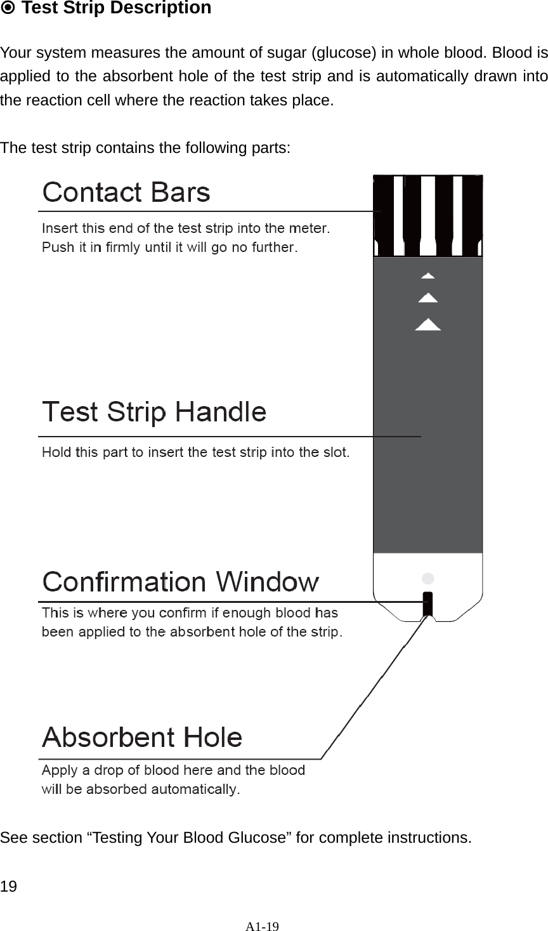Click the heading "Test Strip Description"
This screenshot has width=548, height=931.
[x=116, y=9]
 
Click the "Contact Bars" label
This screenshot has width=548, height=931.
[x=126, y=192]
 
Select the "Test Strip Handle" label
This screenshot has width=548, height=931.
[x=154, y=413]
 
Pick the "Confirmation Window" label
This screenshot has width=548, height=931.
[x=181, y=581]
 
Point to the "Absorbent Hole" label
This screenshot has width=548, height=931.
[x=142, y=737]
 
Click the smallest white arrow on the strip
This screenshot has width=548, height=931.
[x=428, y=276]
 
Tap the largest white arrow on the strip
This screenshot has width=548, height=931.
[x=428, y=324]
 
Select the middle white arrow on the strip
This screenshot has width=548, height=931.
[x=428, y=297]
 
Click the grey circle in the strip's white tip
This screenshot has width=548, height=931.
[x=428, y=578]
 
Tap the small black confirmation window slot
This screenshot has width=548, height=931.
[x=428, y=604]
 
